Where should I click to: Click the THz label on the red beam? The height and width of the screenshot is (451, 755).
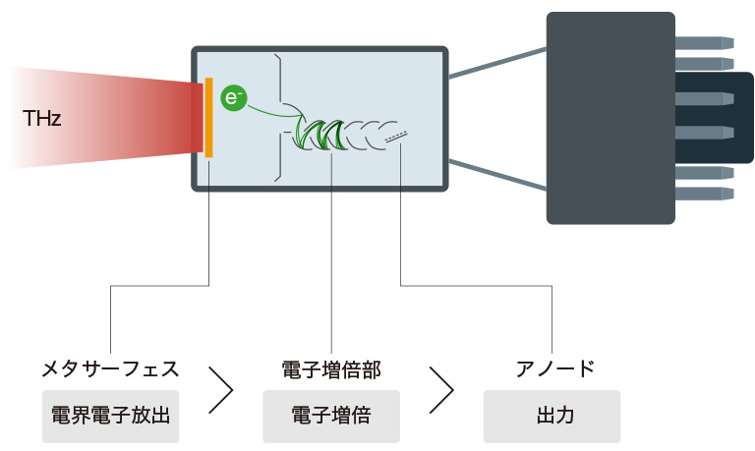[x=41, y=120]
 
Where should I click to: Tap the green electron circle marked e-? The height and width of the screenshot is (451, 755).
[x=233, y=97]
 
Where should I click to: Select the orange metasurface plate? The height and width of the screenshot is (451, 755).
[x=209, y=117]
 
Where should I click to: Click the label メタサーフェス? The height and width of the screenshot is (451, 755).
[x=109, y=369]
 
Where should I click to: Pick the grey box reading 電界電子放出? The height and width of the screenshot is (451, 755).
[x=110, y=416]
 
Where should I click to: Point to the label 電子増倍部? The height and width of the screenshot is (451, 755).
[x=331, y=369]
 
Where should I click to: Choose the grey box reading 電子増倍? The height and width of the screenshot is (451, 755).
[x=331, y=416]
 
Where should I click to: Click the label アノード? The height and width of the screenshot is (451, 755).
[x=555, y=369]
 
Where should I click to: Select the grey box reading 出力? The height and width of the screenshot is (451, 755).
[x=552, y=416]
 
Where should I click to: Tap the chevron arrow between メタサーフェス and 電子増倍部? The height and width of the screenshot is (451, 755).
[x=222, y=391]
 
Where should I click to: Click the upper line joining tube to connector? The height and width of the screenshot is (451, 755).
[x=496, y=60]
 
